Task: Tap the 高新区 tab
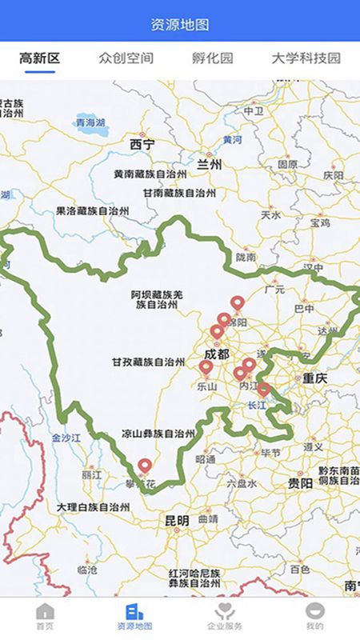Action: [x=40, y=58]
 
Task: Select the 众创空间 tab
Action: [x=126, y=58]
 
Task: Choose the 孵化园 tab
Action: [x=213, y=58]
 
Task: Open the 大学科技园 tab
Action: [x=306, y=58]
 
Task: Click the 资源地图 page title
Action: [x=180, y=25]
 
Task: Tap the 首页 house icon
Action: [x=45, y=612]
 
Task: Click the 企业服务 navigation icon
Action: [x=224, y=612]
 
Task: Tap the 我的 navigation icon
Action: [x=315, y=612]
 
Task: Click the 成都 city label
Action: [x=216, y=354]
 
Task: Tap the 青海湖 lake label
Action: [x=90, y=122]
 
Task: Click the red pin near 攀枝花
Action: [x=145, y=465]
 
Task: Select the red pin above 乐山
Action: [x=206, y=367]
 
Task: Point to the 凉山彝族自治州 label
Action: [x=158, y=434]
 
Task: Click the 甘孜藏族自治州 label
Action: [x=149, y=362]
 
